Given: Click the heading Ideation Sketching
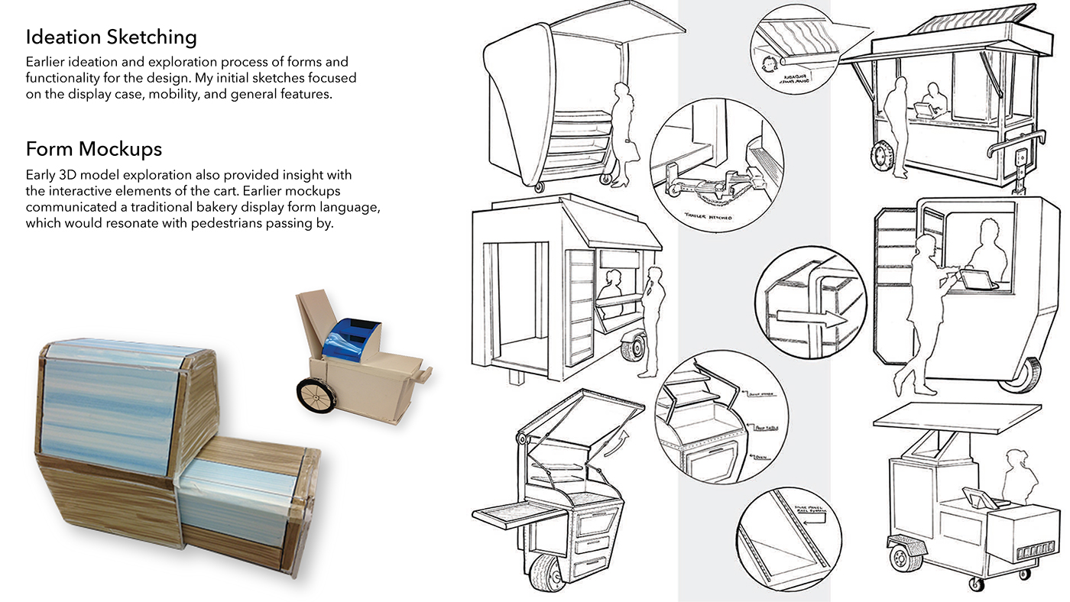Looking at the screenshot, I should (x=112, y=37).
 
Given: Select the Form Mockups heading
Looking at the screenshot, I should (x=94, y=147).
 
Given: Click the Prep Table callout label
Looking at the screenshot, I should (x=765, y=430).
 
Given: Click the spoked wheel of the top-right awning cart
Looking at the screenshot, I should (x=881, y=154).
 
